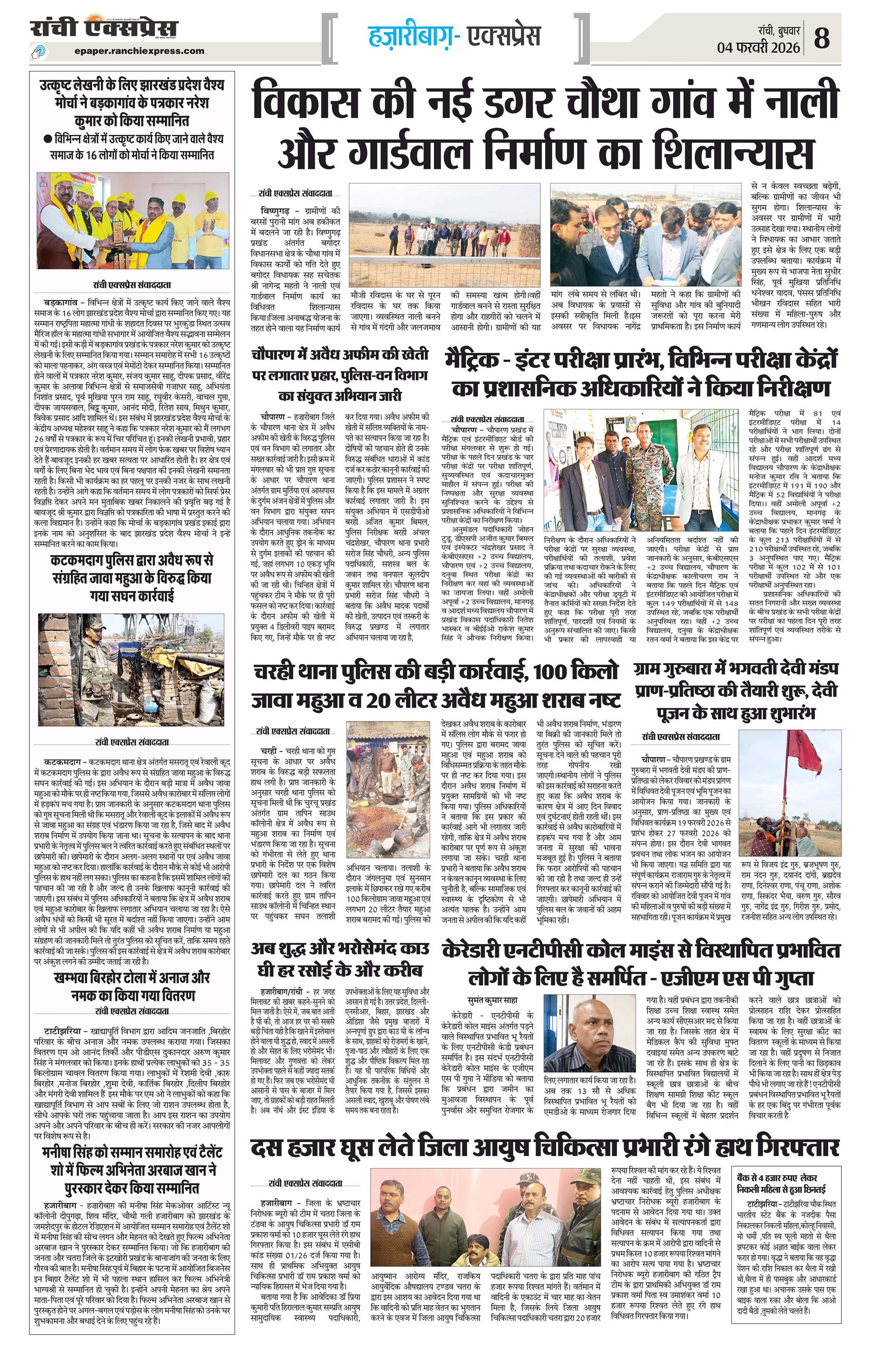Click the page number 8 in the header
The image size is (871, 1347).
pyautogui.click(x=822, y=39)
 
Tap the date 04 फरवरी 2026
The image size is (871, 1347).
pyautogui.click(x=758, y=48)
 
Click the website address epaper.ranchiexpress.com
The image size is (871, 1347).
pyautogui.click(x=139, y=50)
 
